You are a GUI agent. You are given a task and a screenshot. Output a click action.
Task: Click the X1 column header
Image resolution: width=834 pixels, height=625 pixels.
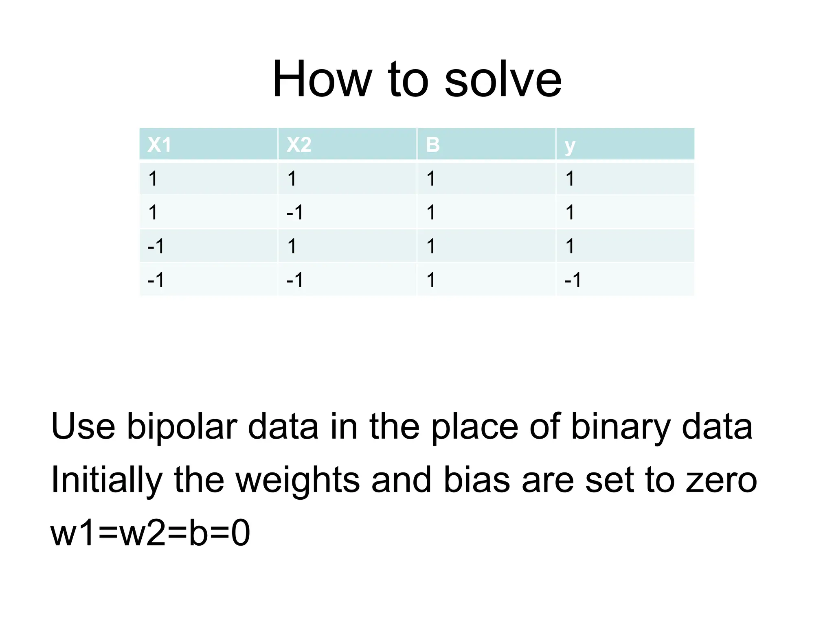[159, 144]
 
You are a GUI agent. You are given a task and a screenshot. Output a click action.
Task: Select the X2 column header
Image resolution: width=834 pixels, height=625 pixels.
[298, 144]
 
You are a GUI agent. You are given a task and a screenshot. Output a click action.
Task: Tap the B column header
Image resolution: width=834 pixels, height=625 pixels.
[432, 144]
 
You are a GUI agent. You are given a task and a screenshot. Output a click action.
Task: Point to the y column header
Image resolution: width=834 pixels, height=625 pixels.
[570, 146]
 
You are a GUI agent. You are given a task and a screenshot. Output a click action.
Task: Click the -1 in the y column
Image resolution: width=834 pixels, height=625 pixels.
[573, 280]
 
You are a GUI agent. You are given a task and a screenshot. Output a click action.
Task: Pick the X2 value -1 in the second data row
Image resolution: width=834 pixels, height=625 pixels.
[295, 212]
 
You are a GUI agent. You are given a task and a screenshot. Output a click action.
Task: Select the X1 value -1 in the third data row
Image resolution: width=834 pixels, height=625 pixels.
[156, 246]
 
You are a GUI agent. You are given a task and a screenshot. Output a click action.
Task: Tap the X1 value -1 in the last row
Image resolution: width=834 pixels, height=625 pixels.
[156, 280]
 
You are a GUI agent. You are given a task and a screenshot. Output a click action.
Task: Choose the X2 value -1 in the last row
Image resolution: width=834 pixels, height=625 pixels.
[295, 280]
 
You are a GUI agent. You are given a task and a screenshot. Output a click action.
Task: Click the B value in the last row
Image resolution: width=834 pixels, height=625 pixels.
[431, 280]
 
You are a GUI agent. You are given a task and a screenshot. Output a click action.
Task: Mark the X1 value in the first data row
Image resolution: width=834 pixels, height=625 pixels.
[153, 179]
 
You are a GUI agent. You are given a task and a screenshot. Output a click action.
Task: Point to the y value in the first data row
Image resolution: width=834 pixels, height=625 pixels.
[570, 179]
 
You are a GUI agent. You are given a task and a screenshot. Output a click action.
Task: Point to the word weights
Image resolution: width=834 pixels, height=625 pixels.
[298, 480]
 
